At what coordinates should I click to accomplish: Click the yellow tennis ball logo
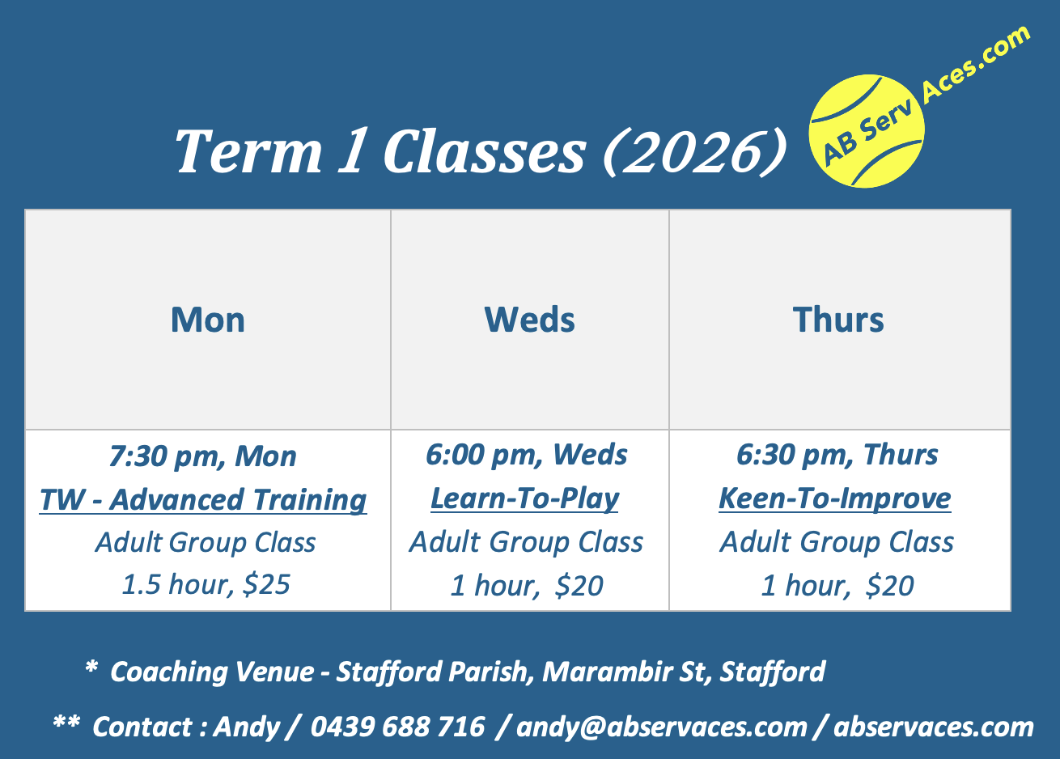(866, 131)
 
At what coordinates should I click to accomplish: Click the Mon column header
(208, 320)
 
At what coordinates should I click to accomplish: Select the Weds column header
(530, 320)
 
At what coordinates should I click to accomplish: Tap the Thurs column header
(838, 320)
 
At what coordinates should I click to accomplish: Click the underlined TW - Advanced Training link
(203, 500)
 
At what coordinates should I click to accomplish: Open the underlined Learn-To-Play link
(525, 498)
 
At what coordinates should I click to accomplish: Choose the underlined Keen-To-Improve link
(835, 498)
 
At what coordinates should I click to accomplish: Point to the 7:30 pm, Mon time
(203, 456)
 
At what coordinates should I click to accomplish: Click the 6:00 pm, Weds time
(527, 455)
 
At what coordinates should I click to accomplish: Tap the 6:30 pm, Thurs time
(837, 455)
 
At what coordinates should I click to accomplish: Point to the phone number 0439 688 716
(398, 727)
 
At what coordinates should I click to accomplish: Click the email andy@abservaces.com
(662, 727)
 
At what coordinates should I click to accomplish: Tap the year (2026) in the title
(694, 151)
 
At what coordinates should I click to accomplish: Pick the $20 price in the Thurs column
(890, 586)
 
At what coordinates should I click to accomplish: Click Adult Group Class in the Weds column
(527, 542)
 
